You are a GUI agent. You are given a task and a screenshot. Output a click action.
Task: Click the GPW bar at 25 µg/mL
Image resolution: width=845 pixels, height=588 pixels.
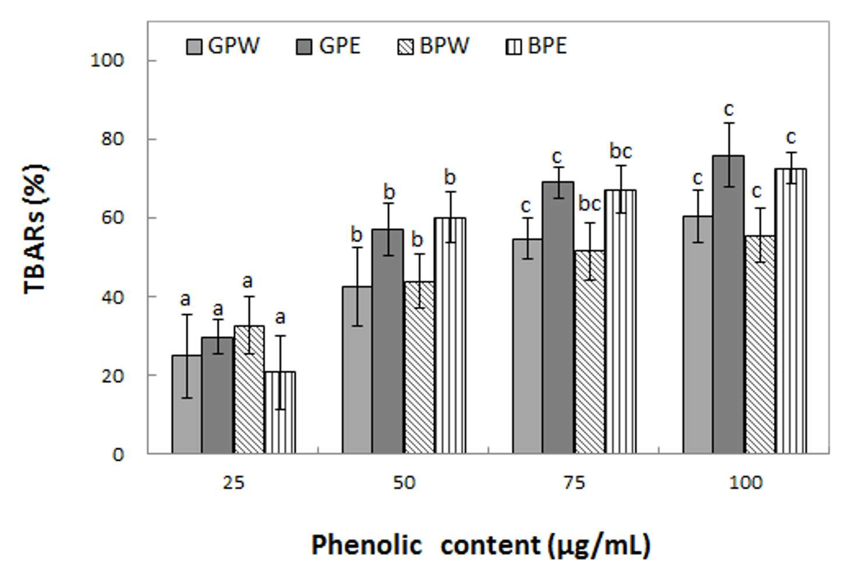[187, 404]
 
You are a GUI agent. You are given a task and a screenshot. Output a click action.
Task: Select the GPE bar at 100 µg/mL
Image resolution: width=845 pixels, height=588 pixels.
[728, 304]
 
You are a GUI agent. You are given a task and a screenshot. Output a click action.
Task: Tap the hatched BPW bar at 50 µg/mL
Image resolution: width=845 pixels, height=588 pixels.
[419, 367]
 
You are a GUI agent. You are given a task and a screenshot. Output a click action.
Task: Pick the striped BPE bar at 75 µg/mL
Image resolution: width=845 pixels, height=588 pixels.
[620, 321]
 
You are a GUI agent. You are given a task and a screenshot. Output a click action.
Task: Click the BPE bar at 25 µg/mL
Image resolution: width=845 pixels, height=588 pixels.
[280, 412]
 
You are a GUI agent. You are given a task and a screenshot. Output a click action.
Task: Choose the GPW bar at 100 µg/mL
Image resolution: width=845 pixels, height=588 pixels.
[697, 335]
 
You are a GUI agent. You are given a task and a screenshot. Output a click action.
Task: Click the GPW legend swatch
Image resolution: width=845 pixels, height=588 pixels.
[194, 47]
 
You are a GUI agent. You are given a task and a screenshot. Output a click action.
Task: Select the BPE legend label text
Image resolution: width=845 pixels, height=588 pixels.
[547, 46]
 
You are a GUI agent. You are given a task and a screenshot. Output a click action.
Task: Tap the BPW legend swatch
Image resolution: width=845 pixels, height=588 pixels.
[405, 47]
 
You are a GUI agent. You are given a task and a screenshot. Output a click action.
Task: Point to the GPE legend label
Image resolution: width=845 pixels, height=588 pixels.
[340, 46]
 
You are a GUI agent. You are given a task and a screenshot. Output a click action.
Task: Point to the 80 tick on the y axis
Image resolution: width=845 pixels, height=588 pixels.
[113, 139]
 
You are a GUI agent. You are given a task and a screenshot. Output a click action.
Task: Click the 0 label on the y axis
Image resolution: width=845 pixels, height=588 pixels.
[118, 455]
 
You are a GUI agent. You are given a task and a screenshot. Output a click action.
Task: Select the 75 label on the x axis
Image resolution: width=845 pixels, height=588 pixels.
[574, 482]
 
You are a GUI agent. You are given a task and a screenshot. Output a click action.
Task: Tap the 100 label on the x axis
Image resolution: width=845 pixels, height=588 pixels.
[746, 482]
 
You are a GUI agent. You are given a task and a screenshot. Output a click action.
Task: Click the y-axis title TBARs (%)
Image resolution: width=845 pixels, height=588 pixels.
[36, 229]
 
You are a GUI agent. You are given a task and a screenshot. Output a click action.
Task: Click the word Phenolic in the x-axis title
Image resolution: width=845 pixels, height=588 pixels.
[367, 545]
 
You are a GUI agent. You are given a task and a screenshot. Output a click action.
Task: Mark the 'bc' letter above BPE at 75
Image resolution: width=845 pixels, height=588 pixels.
[620, 151]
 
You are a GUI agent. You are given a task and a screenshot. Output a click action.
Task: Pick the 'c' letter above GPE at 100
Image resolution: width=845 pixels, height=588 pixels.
[729, 110]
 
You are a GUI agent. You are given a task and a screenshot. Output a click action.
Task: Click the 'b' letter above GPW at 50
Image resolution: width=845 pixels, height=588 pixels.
[356, 235]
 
